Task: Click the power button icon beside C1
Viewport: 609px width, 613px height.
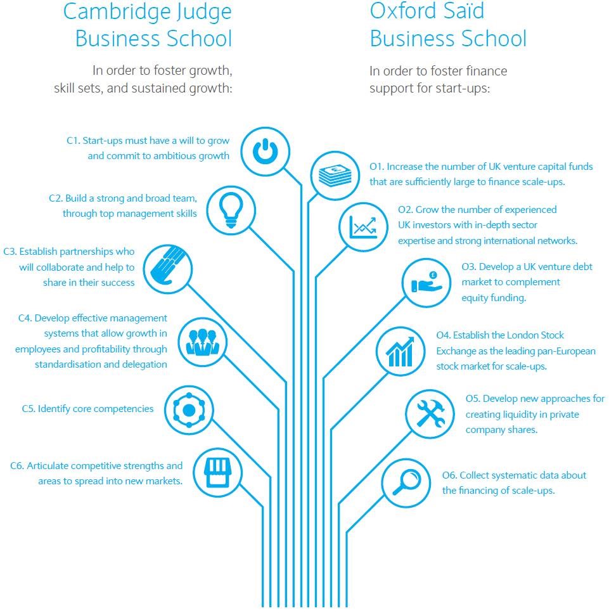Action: pyautogui.click(x=266, y=152)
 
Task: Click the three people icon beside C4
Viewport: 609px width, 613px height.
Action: pyautogui.click(x=202, y=342)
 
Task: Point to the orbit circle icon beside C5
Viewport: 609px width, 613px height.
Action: pyautogui.click(x=189, y=410)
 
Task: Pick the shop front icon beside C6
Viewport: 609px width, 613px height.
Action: pyautogui.click(x=215, y=472)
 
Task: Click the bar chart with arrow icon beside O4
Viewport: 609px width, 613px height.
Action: pyautogui.click(x=401, y=351)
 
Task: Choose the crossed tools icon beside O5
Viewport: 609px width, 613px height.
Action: pyautogui.click(x=430, y=414)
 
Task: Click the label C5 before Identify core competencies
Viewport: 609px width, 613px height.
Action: pyautogui.click(x=28, y=409)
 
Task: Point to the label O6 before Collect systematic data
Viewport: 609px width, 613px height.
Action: pyautogui.click(x=449, y=475)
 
